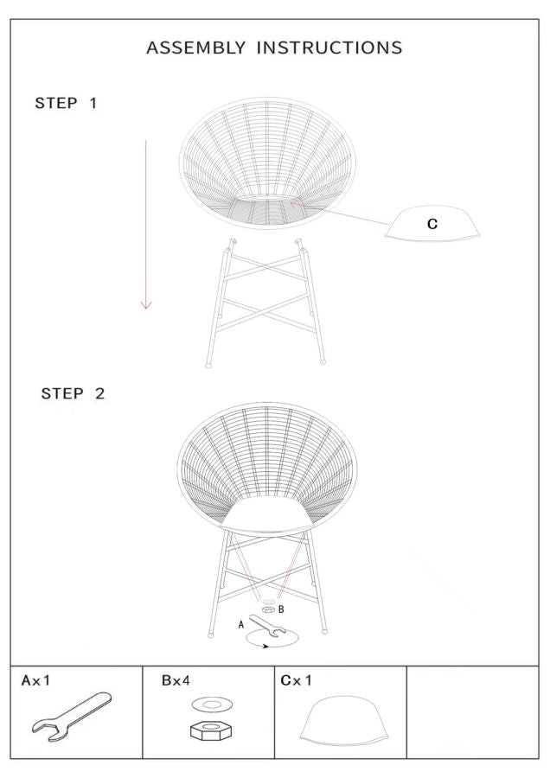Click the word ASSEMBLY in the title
click(x=195, y=48)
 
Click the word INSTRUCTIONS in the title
click(x=329, y=48)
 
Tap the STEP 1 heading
click(x=66, y=103)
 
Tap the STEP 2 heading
click(x=73, y=393)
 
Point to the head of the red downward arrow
click(x=146, y=304)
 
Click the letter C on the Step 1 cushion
click(x=432, y=224)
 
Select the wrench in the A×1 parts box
click(x=72, y=713)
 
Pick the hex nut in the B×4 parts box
click(x=212, y=730)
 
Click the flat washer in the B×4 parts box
click(x=213, y=704)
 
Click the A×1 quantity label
click(x=35, y=680)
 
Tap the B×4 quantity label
click(x=176, y=680)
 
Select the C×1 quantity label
click(x=297, y=680)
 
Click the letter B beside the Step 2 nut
click(x=281, y=609)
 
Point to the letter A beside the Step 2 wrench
click(x=241, y=625)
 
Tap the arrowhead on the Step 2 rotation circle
click(x=266, y=646)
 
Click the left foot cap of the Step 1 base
click(x=208, y=365)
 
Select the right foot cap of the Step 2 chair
click(x=325, y=632)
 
